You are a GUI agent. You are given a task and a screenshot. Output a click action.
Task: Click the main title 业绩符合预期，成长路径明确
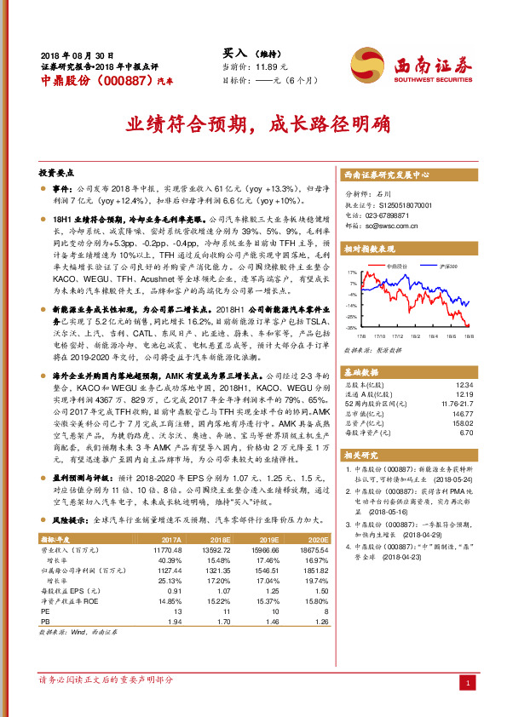pos(254,123)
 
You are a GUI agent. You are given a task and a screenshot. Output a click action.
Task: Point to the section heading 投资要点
pos(59,171)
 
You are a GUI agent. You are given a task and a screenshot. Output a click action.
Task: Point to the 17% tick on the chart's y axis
pos(352,273)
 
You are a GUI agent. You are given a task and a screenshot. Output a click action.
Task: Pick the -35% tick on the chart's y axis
pos(351,327)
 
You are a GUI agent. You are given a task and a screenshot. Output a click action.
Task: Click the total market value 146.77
pos(461,410)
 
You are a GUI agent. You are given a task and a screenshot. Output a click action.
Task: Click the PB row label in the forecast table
pos(45,622)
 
